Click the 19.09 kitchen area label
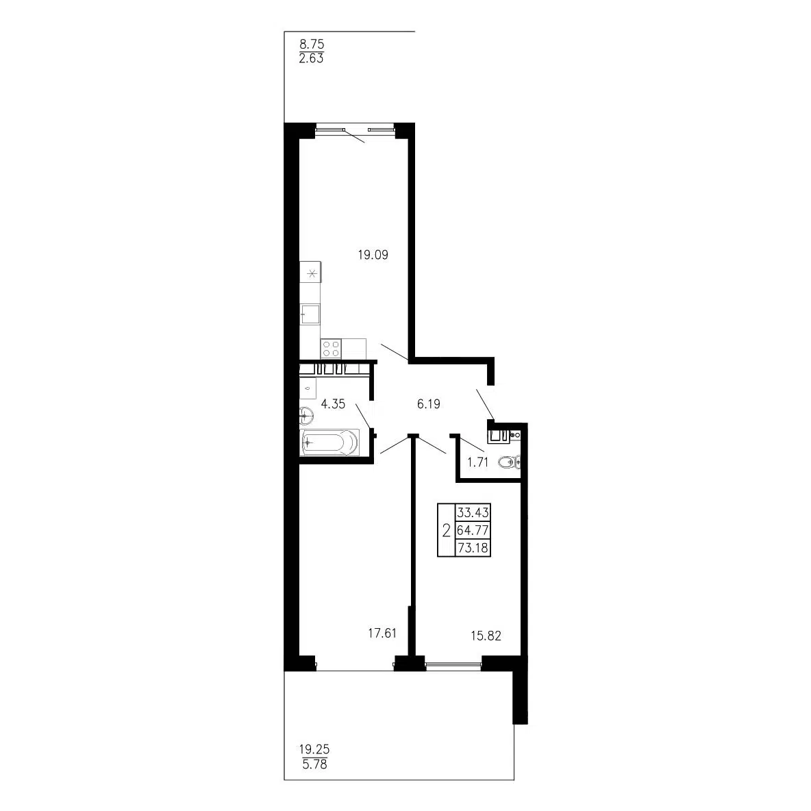(373, 255)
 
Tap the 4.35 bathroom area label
(333, 404)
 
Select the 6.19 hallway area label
(429, 404)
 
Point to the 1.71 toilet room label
(478, 462)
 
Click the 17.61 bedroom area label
(382, 633)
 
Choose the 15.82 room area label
(486, 636)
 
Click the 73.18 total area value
(473, 548)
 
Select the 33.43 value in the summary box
(473, 512)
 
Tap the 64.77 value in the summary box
(473, 530)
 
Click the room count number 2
(447, 530)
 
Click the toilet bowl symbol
(509, 462)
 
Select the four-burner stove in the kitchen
(331, 348)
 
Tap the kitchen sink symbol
(310, 314)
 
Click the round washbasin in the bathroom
(306, 415)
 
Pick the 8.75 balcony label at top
(312, 45)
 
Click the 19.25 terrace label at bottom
(314, 749)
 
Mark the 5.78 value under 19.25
(314, 764)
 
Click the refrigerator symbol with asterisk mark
(311, 273)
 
